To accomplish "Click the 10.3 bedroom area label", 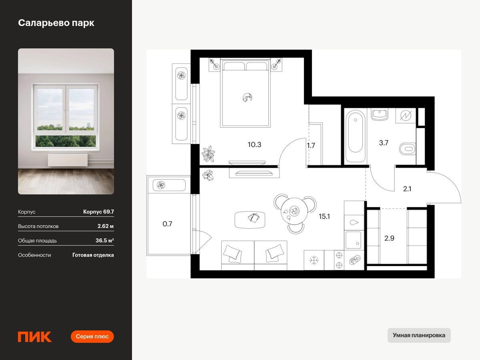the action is (x=254, y=144).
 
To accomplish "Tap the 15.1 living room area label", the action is (x=324, y=216).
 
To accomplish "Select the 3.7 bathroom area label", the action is (x=384, y=143).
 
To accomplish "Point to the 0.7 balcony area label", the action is (x=167, y=224).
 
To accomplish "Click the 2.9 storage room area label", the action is (x=389, y=238).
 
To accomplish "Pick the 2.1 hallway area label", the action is (x=407, y=189).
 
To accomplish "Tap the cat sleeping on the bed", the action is (x=247, y=98).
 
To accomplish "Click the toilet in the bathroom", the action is (x=407, y=149).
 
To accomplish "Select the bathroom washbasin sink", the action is (x=380, y=114).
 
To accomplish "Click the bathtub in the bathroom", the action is (x=355, y=136).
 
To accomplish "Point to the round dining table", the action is (x=294, y=211).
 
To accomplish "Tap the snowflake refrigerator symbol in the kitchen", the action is (x=314, y=260).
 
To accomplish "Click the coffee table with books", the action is (x=250, y=220).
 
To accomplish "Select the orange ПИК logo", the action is (x=34, y=337).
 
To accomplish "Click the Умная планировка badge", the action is (x=419, y=335).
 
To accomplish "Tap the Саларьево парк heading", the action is (x=56, y=23).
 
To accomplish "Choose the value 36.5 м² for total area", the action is (x=104, y=240).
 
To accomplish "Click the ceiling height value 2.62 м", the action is (x=106, y=226).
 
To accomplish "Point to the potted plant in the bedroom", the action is (x=208, y=154).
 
